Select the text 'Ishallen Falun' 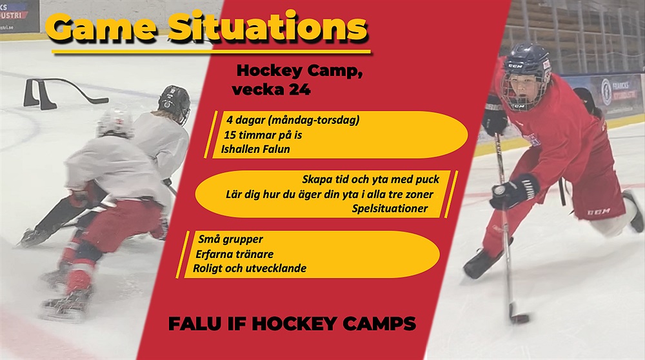(255, 149)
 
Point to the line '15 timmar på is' (263, 135)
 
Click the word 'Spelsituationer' (390, 208)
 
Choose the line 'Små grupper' (230, 239)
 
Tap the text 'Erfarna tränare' (235, 254)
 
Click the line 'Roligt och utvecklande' (250, 268)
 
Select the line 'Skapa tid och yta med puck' (371, 179)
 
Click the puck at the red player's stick (521, 319)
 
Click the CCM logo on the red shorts (599, 212)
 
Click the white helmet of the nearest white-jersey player (115, 123)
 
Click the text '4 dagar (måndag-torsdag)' (293, 120)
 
